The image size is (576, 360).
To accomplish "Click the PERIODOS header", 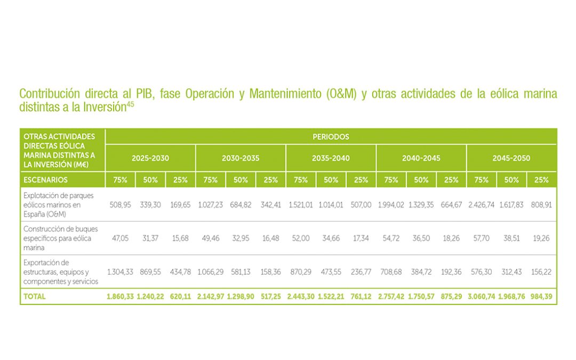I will point(331,137).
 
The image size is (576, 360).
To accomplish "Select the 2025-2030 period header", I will point(150,158).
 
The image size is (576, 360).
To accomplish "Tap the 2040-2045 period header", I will point(421,158).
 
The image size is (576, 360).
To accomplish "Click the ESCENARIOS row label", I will point(45,180).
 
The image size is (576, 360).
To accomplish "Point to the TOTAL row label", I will point(35,297).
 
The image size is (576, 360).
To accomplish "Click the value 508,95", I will point(121,205).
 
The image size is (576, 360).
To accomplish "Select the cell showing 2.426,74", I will point(482,205).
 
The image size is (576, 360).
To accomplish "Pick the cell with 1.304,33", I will point(121,272).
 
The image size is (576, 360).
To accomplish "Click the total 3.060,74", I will point(482,297).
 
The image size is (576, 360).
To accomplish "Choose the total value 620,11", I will point(180,297).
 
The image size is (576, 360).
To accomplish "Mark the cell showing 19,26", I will point(541,238).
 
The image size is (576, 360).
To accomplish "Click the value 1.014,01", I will point(331,205).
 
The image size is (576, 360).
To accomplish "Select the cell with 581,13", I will point(241,272).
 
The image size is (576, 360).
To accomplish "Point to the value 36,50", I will point(421,238).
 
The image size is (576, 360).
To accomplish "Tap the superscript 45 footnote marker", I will point(130,103).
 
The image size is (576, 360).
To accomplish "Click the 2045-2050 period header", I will point(511,158).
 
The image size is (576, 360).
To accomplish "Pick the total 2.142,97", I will point(211,297).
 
